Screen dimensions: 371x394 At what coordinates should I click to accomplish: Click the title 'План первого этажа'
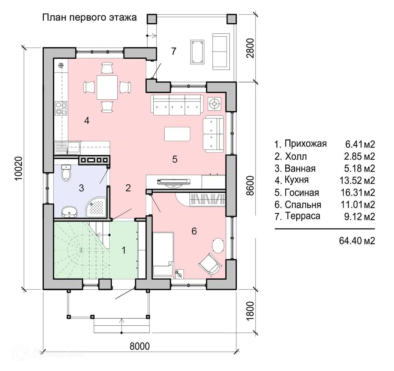pos(89,18)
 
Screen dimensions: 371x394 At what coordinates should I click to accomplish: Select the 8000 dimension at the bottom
pos(140,346)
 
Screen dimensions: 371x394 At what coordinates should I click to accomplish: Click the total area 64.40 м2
pos(357,240)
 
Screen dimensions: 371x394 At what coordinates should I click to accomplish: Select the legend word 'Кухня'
pos(296,180)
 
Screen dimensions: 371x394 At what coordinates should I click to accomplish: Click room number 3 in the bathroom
pos(81,188)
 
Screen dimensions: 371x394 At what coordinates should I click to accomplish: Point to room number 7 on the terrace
pos(174,52)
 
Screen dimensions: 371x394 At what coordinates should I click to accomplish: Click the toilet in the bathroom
pos(66,173)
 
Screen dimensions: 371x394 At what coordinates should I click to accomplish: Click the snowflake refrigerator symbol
pos(61,65)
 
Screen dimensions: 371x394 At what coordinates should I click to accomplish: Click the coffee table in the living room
pos(177,134)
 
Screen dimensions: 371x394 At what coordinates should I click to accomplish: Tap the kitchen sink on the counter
pos(73,148)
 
